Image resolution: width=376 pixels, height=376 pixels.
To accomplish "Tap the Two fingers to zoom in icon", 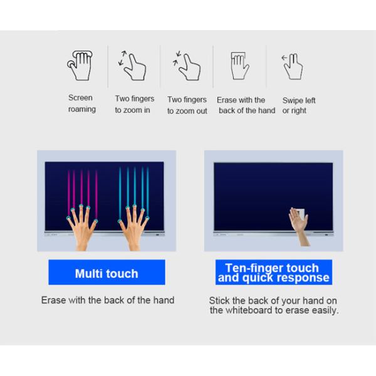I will click(x=132, y=65).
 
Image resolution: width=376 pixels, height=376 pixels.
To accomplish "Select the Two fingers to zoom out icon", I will click(x=185, y=65).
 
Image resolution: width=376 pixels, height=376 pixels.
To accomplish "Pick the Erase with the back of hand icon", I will click(x=239, y=65).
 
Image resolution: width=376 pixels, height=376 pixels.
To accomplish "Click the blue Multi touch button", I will click(x=107, y=273).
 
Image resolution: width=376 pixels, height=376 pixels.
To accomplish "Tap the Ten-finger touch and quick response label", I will click(x=272, y=273).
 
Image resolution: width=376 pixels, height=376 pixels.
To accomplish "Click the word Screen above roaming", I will click(x=80, y=98).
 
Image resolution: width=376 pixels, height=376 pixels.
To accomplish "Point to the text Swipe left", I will click(x=299, y=100).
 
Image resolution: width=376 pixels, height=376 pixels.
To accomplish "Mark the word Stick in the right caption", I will click(x=219, y=300).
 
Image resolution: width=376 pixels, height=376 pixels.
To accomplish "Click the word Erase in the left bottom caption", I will click(x=53, y=300).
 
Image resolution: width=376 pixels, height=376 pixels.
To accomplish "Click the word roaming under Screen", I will click(x=82, y=110).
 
